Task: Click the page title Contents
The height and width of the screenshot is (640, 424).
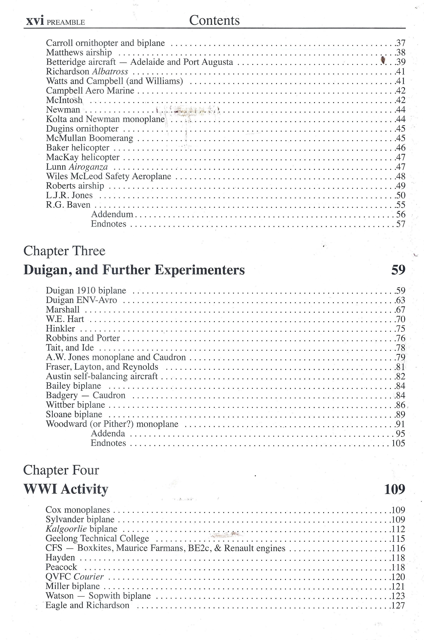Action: [214, 21]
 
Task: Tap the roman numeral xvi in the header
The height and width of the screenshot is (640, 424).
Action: [35, 21]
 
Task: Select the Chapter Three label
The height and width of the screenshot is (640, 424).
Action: [64, 251]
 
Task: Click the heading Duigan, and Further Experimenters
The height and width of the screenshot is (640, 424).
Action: [134, 270]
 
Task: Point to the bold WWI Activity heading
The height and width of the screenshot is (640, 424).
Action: [66, 489]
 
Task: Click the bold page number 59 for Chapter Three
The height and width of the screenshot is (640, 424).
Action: [398, 270]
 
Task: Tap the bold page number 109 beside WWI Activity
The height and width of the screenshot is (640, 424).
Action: [395, 489]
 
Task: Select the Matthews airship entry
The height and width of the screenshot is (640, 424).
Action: [79, 53]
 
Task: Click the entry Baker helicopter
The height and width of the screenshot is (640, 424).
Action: [78, 148]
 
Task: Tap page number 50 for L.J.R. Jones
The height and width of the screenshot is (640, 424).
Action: [400, 195]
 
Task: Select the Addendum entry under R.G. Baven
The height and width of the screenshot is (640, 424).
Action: [112, 214]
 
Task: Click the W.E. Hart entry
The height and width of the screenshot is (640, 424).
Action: [65, 319]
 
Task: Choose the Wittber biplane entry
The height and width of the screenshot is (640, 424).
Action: [76, 405]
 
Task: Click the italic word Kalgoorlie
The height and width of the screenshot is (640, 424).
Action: [66, 529]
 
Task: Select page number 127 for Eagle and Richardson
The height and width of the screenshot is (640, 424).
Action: [398, 605]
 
